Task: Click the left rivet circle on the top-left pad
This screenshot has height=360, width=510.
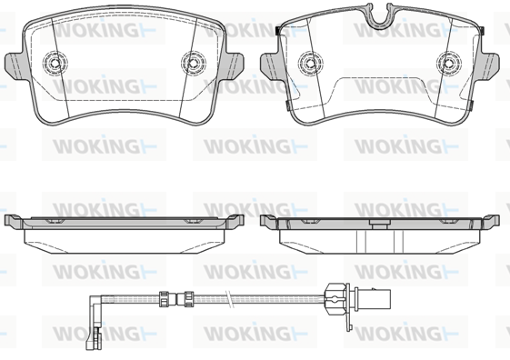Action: click(x=55, y=62)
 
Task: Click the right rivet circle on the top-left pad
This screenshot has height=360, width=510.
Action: click(x=194, y=63)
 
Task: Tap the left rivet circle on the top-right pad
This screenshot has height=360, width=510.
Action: click(x=311, y=63)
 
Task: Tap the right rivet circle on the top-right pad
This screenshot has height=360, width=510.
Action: click(x=449, y=63)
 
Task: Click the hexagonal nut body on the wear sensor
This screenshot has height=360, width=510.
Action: click(x=335, y=298)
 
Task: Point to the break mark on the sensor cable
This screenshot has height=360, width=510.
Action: click(x=230, y=298)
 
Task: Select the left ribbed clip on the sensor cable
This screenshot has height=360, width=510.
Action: click(x=164, y=298)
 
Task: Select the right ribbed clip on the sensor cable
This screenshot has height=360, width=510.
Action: click(x=188, y=298)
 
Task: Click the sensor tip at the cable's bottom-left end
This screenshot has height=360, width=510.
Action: click(x=93, y=339)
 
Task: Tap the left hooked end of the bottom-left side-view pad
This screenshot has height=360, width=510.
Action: click(x=14, y=220)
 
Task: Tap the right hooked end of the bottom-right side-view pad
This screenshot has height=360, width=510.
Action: click(x=491, y=220)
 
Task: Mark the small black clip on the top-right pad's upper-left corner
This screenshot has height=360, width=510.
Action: click(x=278, y=31)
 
